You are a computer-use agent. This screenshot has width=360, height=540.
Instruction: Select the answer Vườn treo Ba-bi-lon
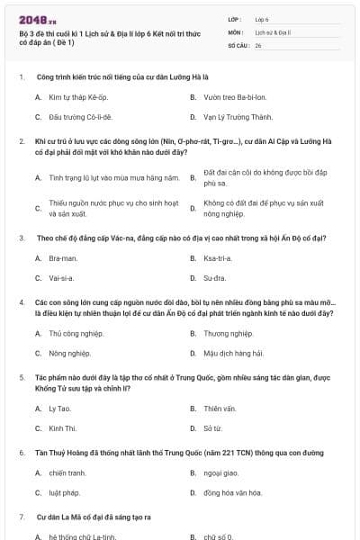click(x=228, y=95)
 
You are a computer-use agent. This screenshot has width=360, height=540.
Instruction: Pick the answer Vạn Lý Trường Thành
click(x=231, y=117)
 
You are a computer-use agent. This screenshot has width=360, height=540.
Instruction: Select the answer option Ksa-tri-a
click(x=216, y=258)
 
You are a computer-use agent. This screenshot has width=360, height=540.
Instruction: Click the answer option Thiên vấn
click(x=219, y=408)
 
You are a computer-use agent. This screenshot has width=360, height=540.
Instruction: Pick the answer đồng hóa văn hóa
click(x=231, y=493)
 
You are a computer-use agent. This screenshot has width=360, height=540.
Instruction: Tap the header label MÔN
click(x=236, y=31)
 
